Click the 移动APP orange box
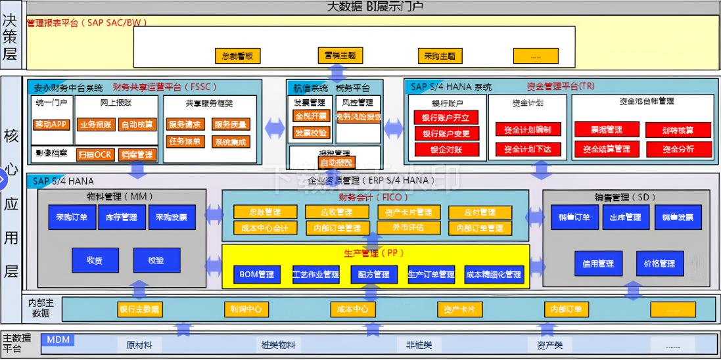(x=51, y=124)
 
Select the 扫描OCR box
(x=95, y=155)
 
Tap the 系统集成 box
(x=230, y=141)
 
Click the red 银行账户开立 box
(x=446, y=118)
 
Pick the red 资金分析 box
(x=678, y=148)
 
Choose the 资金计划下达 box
(x=527, y=149)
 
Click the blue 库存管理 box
(x=120, y=217)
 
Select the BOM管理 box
(x=257, y=274)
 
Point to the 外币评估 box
(x=408, y=228)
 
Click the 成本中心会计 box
(x=261, y=228)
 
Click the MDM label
(x=58, y=340)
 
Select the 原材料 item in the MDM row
(x=139, y=344)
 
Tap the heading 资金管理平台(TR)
(x=561, y=86)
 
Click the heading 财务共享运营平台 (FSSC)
(x=164, y=86)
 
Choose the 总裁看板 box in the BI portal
(x=237, y=56)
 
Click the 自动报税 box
(x=336, y=162)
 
